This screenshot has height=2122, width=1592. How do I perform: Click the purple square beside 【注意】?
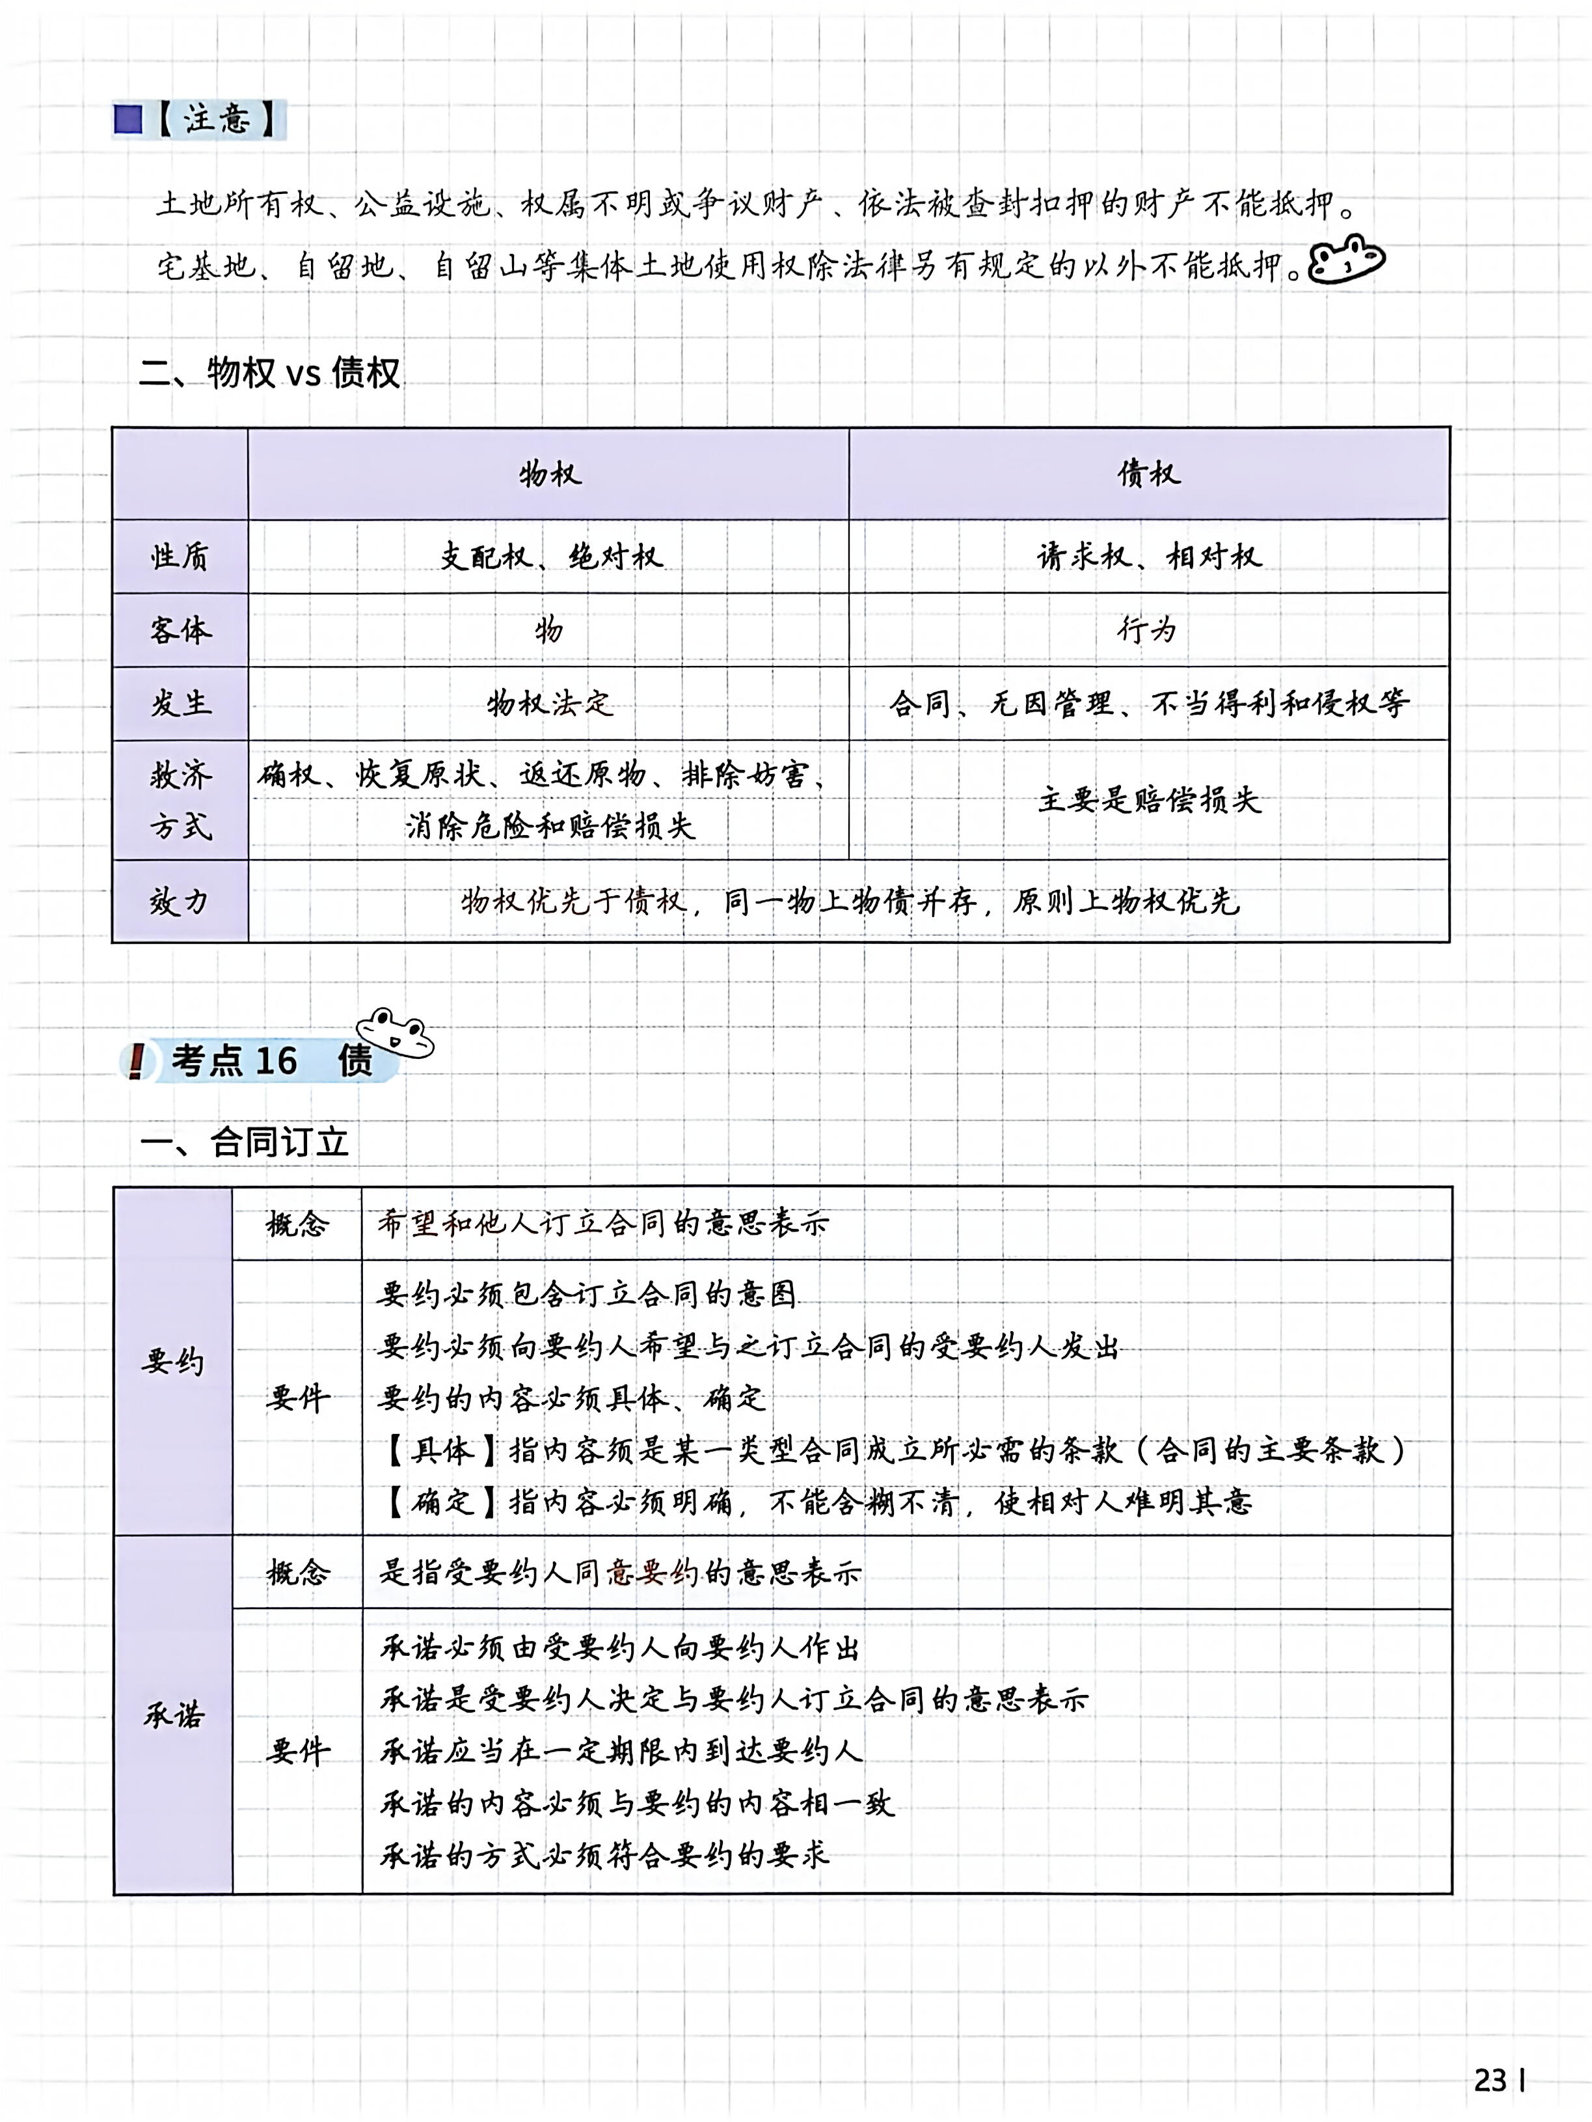128,120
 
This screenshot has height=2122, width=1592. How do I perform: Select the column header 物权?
550,474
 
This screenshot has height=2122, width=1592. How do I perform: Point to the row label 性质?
180,557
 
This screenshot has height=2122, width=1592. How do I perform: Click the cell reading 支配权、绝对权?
550,557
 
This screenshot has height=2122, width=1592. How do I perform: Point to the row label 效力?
180,902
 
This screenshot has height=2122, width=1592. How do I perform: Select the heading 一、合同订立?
245,1142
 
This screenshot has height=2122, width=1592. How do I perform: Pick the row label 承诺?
174,1715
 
